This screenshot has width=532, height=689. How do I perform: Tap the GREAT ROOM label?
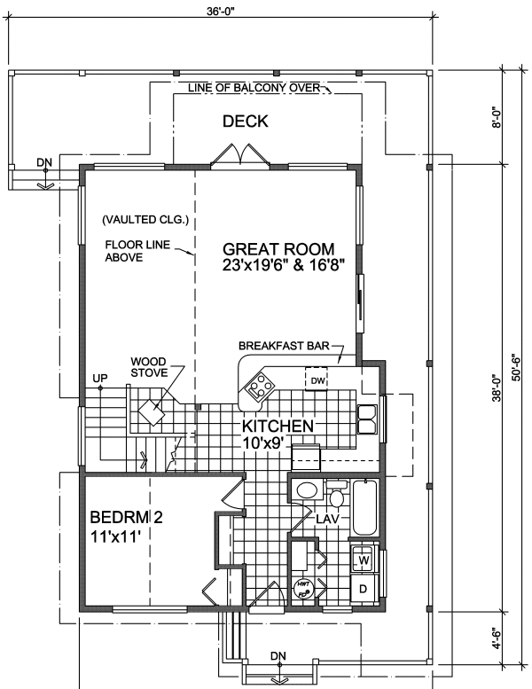coord(278,249)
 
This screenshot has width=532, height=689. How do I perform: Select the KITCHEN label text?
coord(278,427)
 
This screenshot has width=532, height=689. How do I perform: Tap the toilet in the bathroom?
coord(336,493)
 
